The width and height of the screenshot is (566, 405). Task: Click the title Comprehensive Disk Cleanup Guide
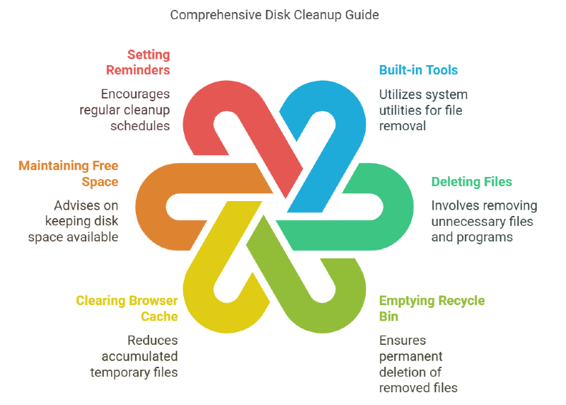(x=275, y=15)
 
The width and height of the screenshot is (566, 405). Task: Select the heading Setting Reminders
(x=138, y=62)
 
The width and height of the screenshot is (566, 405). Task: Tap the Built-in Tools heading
(x=418, y=70)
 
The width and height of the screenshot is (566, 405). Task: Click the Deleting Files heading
(x=471, y=182)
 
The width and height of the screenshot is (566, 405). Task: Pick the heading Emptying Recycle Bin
(x=432, y=309)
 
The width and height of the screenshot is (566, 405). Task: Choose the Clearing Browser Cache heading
(x=127, y=309)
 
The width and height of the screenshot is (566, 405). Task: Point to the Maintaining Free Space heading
(x=68, y=173)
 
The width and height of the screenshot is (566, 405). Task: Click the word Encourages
(x=135, y=94)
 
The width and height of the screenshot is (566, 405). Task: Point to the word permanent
(x=410, y=357)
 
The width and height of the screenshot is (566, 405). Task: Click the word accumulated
(x=139, y=356)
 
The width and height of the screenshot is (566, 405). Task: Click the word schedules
(x=140, y=126)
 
